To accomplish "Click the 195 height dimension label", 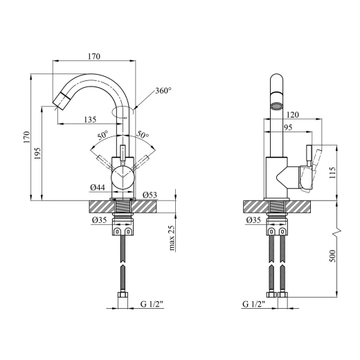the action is [37, 153].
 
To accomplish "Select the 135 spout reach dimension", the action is [90, 120].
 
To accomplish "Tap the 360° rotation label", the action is [163, 91].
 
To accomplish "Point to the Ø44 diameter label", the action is [98, 188].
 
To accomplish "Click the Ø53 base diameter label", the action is [150, 195].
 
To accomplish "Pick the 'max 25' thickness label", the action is [172, 238].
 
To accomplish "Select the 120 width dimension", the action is [293, 114].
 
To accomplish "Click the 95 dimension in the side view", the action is [288, 127].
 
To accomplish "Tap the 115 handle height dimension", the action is [332, 172].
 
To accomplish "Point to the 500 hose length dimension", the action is [332, 255].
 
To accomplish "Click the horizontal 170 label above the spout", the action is [94, 57].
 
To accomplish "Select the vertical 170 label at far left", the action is [26, 137].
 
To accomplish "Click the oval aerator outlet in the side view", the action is [276, 107].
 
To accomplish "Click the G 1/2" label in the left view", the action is [152, 305].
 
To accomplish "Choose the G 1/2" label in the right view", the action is [253, 305].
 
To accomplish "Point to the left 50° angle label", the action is [102, 135].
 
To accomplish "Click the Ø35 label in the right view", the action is [253, 220].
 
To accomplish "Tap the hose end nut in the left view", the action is [123, 295].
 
